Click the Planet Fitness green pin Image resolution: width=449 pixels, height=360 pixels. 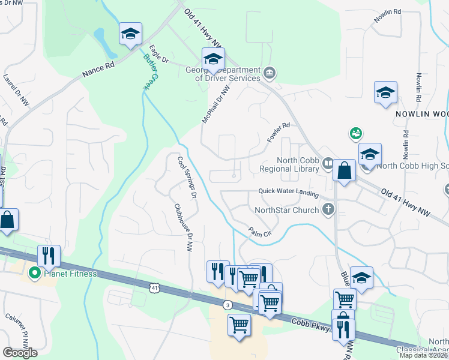click(x=34, y=274)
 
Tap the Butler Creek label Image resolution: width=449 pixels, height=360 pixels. click(x=148, y=72)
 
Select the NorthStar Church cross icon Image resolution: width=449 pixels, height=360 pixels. click(x=328, y=209)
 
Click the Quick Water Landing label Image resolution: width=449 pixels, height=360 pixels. click(x=289, y=191)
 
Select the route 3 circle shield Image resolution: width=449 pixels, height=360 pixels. click(x=228, y=305)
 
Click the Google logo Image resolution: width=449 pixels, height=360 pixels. click(x=20, y=353)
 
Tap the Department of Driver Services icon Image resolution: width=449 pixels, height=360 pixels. click(x=270, y=74)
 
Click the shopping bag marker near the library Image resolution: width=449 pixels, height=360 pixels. click(x=345, y=170)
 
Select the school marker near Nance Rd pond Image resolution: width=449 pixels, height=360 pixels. click(x=130, y=34)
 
